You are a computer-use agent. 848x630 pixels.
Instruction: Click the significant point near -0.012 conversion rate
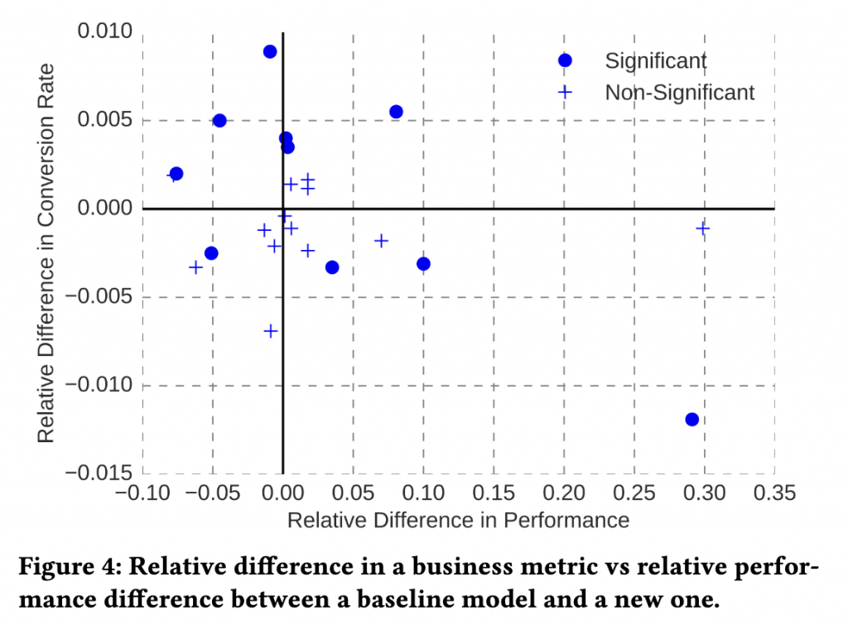691,420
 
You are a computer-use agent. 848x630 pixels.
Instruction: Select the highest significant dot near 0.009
270,51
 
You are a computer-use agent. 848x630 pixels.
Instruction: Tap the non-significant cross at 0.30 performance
703,228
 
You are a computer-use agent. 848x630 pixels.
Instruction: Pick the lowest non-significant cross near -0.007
271,331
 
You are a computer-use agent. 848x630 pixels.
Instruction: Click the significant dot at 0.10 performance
423,264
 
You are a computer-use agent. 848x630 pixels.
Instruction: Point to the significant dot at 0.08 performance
396,112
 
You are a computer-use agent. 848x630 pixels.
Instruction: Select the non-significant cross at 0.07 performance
382,241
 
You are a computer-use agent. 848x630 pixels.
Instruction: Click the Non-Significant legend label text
679,92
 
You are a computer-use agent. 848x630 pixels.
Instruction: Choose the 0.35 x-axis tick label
775,493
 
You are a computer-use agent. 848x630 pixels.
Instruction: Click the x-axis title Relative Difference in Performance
458,521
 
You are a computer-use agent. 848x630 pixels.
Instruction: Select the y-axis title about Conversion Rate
46,252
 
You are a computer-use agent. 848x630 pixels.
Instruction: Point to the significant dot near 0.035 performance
332,267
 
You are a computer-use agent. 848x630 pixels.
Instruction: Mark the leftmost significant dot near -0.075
176,174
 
